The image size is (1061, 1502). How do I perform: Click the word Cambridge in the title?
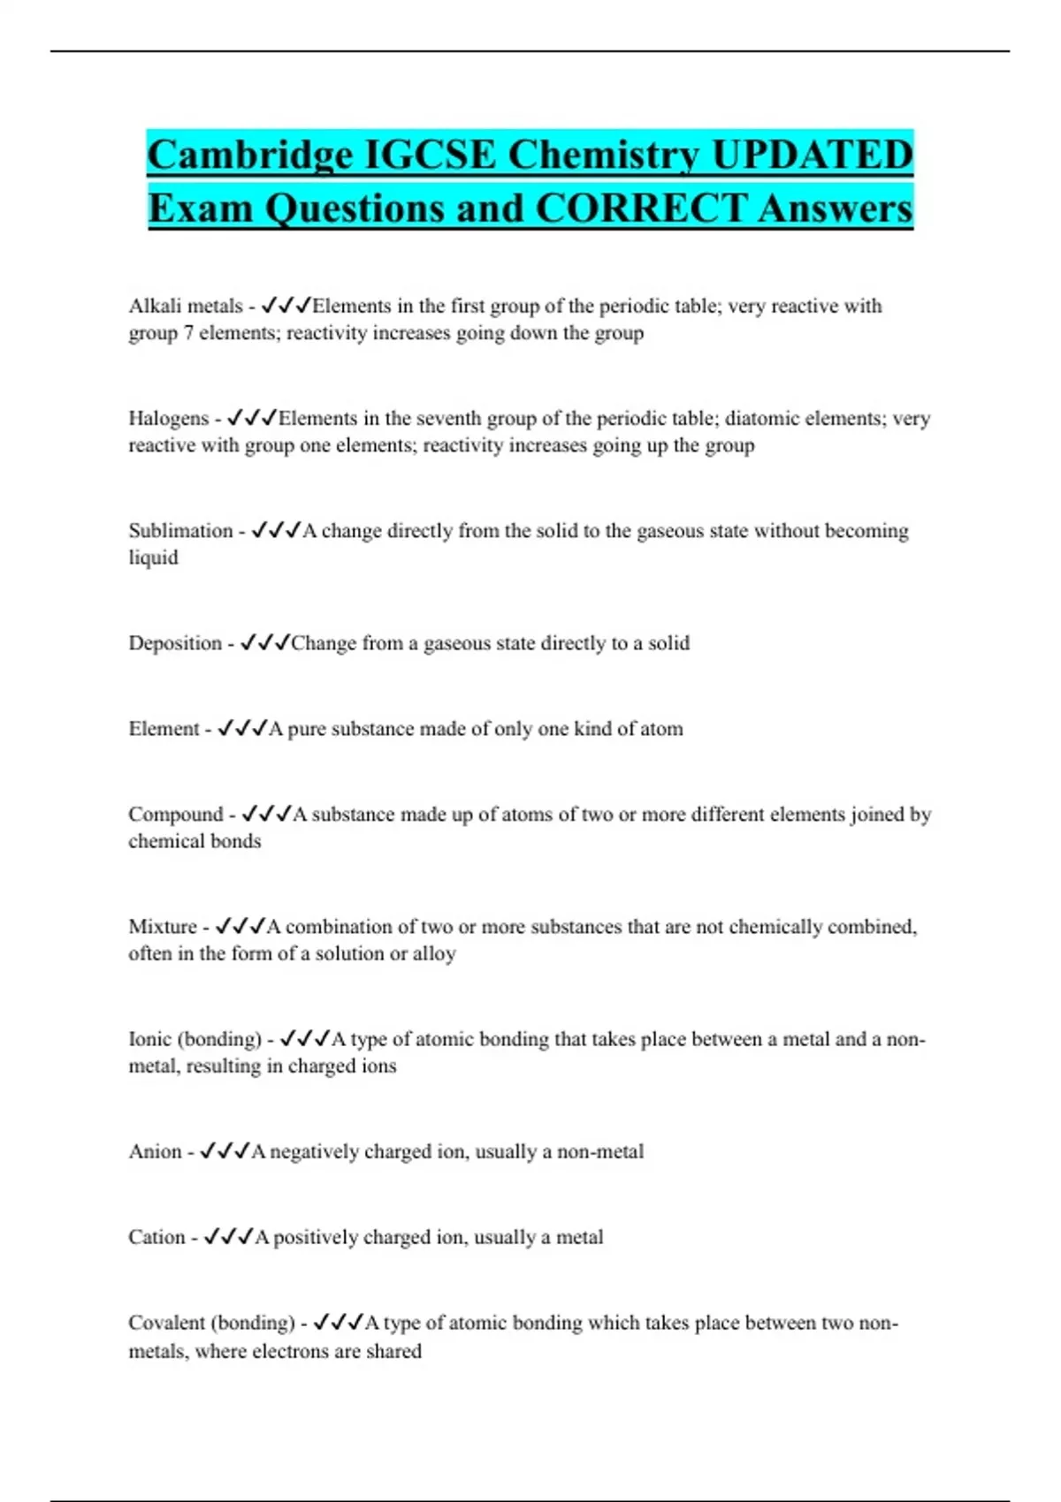pyautogui.click(x=250, y=156)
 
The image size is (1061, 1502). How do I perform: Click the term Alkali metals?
pyautogui.click(x=185, y=306)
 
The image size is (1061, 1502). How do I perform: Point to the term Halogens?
pyautogui.click(x=168, y=418)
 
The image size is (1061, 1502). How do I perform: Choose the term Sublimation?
pyautogui.click(x=180, y=530)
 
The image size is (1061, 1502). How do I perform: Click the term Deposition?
pyautogui.click(x=175, y=642)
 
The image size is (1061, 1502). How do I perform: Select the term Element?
pyautogui.click(x=164, y=728)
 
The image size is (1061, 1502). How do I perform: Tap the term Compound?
pyautogui.click(x=175, y=814)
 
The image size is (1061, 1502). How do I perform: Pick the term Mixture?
pyautogui.click(x=163, y=926)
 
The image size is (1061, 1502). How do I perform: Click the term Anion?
pyautogui.click(x=155, y=1151)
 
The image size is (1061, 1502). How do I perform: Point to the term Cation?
pyautogui.click(x=156, y=1237)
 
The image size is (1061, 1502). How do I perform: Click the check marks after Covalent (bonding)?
pyautogui.click(x=339, y=1322)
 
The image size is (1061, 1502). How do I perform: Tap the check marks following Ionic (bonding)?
pyautogui.click(x=305, y=1038)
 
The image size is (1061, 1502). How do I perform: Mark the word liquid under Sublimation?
pyautogui.click(x=153, y=558)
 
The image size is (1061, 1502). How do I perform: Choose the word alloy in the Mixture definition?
pyautogui.click(x=434, y=953)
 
